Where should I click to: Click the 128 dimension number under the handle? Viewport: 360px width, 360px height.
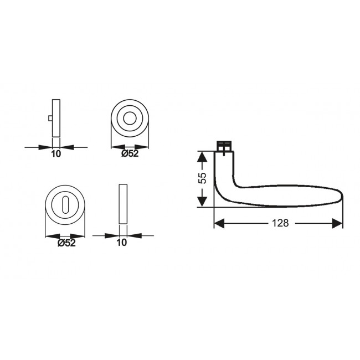(x=281, y=223)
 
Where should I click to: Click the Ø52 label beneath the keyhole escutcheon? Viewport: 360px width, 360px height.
(x=66, y=242)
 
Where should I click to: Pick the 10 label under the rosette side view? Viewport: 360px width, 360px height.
(x=56, y=154)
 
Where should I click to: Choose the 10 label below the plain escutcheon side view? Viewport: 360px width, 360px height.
(x=122, y=242)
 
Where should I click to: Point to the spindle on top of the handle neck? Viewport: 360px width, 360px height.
(x=223, y=146)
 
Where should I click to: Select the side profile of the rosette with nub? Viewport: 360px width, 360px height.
(x=56, y=117)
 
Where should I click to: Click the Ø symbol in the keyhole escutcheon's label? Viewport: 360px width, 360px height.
(x=60, y=242)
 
